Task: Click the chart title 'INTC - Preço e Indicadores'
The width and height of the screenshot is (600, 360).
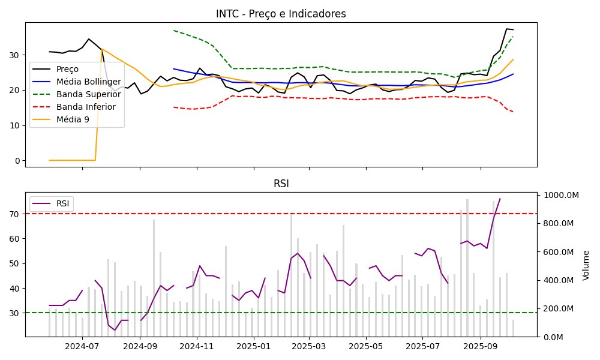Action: tap(281, 14)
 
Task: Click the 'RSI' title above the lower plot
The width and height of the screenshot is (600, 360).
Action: tap(281, 184)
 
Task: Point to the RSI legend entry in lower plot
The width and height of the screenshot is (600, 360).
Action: tap(62, 203)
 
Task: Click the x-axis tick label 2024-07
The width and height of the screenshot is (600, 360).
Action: tap(82, 346)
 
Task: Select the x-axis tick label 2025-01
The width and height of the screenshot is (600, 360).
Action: tap(253, 346)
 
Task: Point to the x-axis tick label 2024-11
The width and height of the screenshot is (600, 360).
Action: tap(197, 346)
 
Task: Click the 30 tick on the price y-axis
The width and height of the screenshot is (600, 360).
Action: tap(16, 55)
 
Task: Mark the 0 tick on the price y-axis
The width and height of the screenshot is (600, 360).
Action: tap(18, 161)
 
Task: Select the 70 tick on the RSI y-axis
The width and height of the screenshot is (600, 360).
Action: tap(16, 214)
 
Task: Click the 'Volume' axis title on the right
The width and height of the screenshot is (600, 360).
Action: tap(586, 265)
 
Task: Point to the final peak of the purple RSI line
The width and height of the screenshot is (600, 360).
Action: tap(500, 199)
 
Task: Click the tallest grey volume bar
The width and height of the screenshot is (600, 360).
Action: tap(467, 268)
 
